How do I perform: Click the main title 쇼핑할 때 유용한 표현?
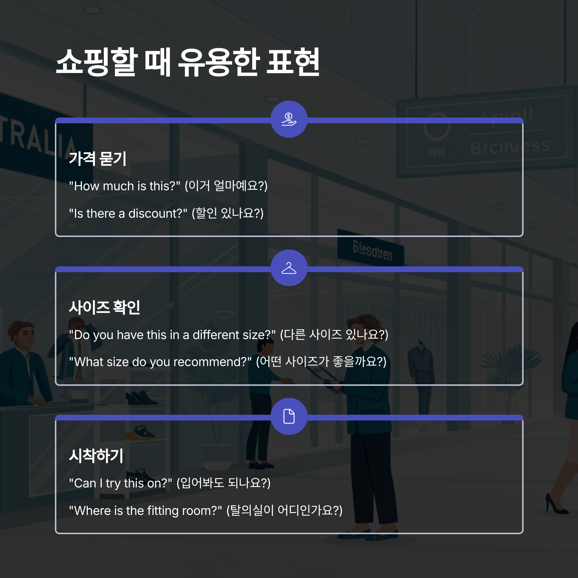(188, 62)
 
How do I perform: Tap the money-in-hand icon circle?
(289, 119)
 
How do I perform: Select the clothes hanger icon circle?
(289, 268)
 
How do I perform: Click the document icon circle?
(289, 416)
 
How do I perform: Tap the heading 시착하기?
(96, 456)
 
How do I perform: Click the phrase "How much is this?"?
(125, 186)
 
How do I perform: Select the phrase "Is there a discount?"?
(128, 214)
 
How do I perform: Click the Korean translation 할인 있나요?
(228, 214)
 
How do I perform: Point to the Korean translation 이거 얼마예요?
(226, 186)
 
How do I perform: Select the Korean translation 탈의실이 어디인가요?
(284, 511)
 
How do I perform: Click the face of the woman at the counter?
(26, 335)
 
